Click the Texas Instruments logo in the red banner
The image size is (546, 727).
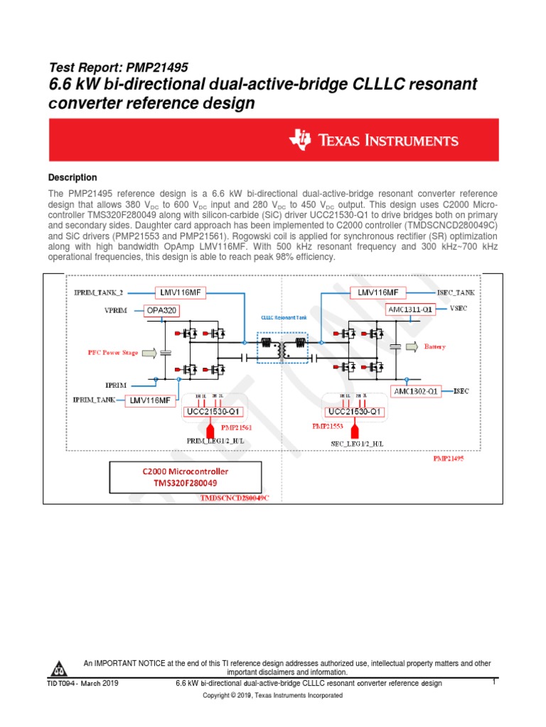[x=373, y=140]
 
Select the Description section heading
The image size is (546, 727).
[x=73, y=177]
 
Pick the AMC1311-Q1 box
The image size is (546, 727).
[x=410, y=310]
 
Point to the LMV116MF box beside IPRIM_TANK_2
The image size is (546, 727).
[x=180, y=293]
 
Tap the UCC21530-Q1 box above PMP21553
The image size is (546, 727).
[x=355, y=412]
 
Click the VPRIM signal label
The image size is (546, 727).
[x=118, y=310]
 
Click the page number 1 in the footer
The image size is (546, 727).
[x=493, y=682]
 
